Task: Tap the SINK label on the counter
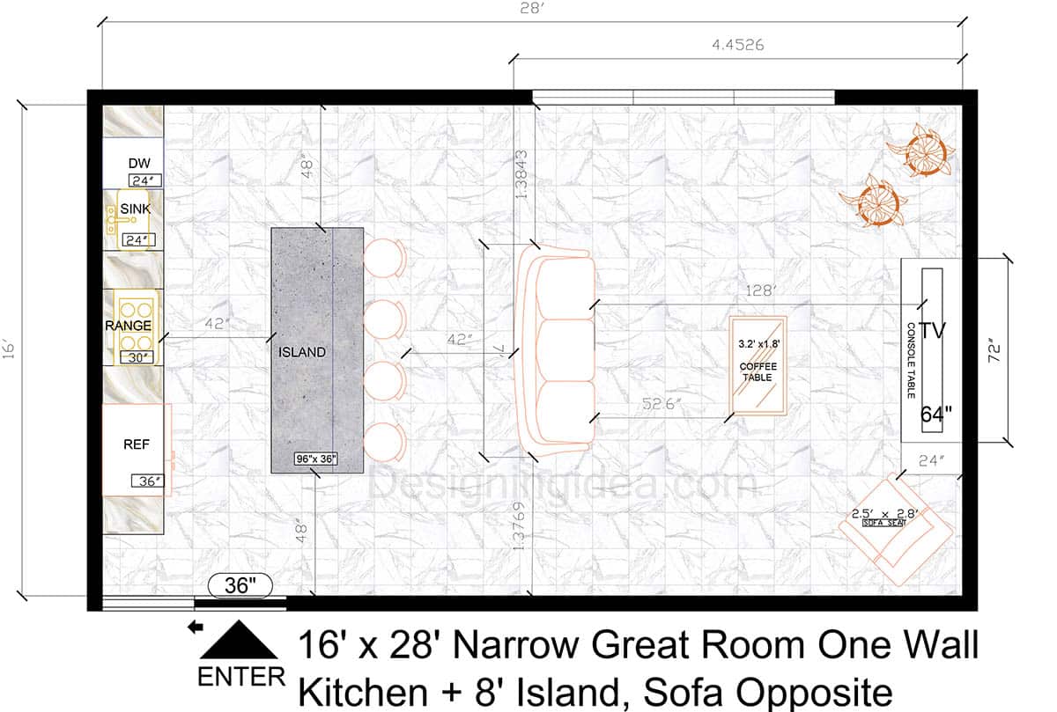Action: (x=136, y=209)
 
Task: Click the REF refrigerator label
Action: (x=136, y=444)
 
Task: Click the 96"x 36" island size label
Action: (x=316, y=459)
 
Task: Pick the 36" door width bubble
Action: (x=240, y=585)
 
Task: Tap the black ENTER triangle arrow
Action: (x=239, y=641)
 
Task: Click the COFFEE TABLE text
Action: (x=756, y=371)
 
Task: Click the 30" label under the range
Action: (x=137, y=357)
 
